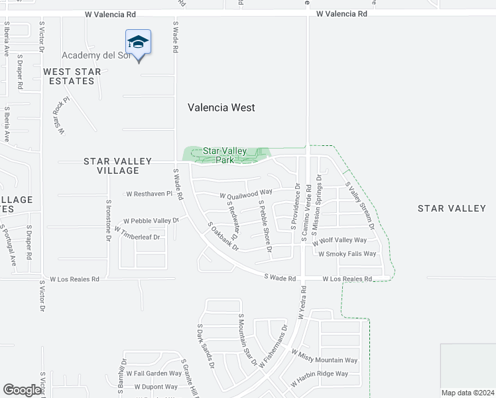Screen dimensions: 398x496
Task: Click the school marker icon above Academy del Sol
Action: pyautogui.click(x=138, y=43)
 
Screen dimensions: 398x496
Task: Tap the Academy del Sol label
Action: pyautogui.click(x=96, y=55)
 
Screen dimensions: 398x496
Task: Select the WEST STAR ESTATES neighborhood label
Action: pyautogui.click(x=72, y=76)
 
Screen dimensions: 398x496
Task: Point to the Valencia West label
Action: pyautogui.click(x=221, y=107)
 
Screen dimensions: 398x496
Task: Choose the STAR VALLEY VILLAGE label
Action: pyautogui.click(x=111, y=166)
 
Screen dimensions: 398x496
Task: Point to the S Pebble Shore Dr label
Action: pyautogui.click(x=265, y=226)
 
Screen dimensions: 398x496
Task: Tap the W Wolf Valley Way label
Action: pyautogui.click(x=341, y=240)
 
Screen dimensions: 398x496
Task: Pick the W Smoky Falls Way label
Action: pyautogui.click(x=347, y=253)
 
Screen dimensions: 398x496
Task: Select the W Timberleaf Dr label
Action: pyautogui.click(x=137, y=233)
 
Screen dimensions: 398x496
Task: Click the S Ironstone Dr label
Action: pyautogui.click(x=108, y=221)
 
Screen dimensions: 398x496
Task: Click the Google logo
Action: pyautogui.click(x=22, y=390)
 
